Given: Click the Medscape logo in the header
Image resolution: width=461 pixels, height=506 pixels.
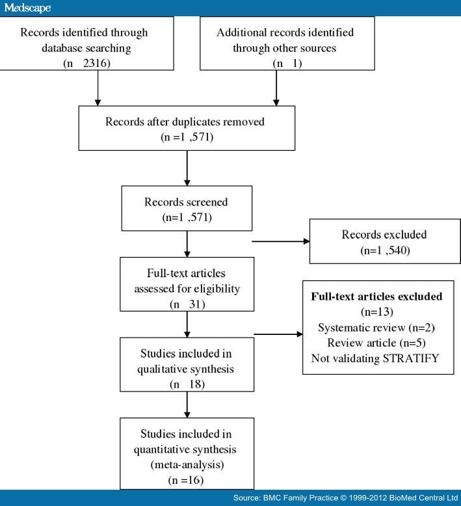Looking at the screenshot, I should point(27,8).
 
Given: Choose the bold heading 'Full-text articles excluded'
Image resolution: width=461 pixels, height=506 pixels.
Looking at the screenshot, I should point(376,297).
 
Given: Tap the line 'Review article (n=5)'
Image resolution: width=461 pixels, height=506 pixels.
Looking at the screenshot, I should point(376,342).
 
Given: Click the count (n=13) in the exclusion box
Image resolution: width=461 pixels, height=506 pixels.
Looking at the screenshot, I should point(376,312).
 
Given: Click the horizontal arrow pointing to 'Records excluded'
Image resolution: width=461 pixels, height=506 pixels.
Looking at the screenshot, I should point(280,241).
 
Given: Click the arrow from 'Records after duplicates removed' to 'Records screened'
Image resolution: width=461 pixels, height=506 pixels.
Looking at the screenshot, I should point(187,168).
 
